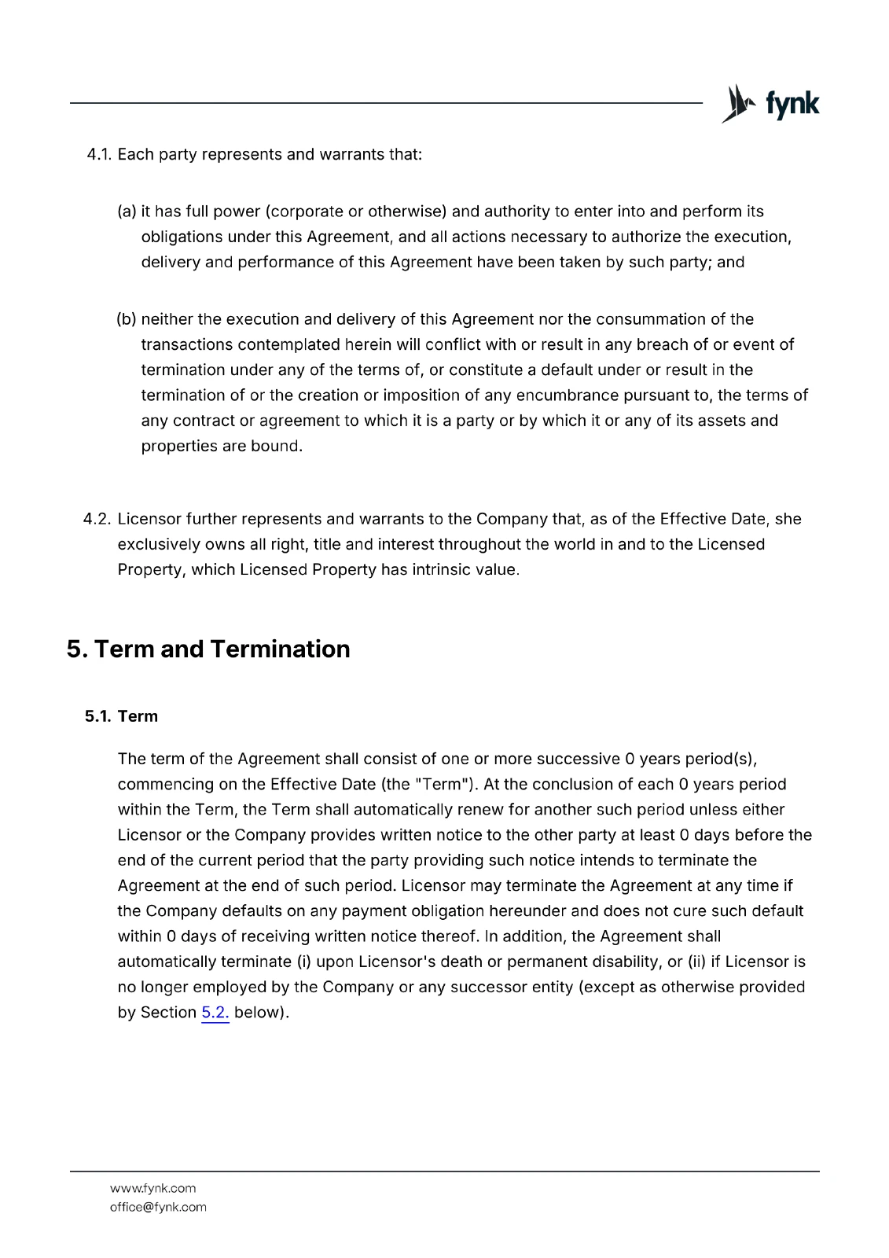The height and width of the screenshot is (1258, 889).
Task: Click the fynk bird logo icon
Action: [x=737, y=104]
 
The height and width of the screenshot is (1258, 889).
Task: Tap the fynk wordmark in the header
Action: [x=792, y=105]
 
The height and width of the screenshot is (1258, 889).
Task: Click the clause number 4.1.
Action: [x=98, y=155]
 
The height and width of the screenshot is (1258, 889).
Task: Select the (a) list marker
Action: [x=127, y=212]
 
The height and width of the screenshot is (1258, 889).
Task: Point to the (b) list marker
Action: [x=127, y=319]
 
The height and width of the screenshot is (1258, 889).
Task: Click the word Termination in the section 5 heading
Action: [x=280, y=649]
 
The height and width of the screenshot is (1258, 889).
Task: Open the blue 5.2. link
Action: [x=215, y=1013]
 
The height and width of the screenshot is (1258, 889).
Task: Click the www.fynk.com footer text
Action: [x=152, y=1188]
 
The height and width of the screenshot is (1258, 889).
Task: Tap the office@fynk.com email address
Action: [x=158, y=1207]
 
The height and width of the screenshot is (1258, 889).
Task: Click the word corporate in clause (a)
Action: [x=307, y=212]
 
